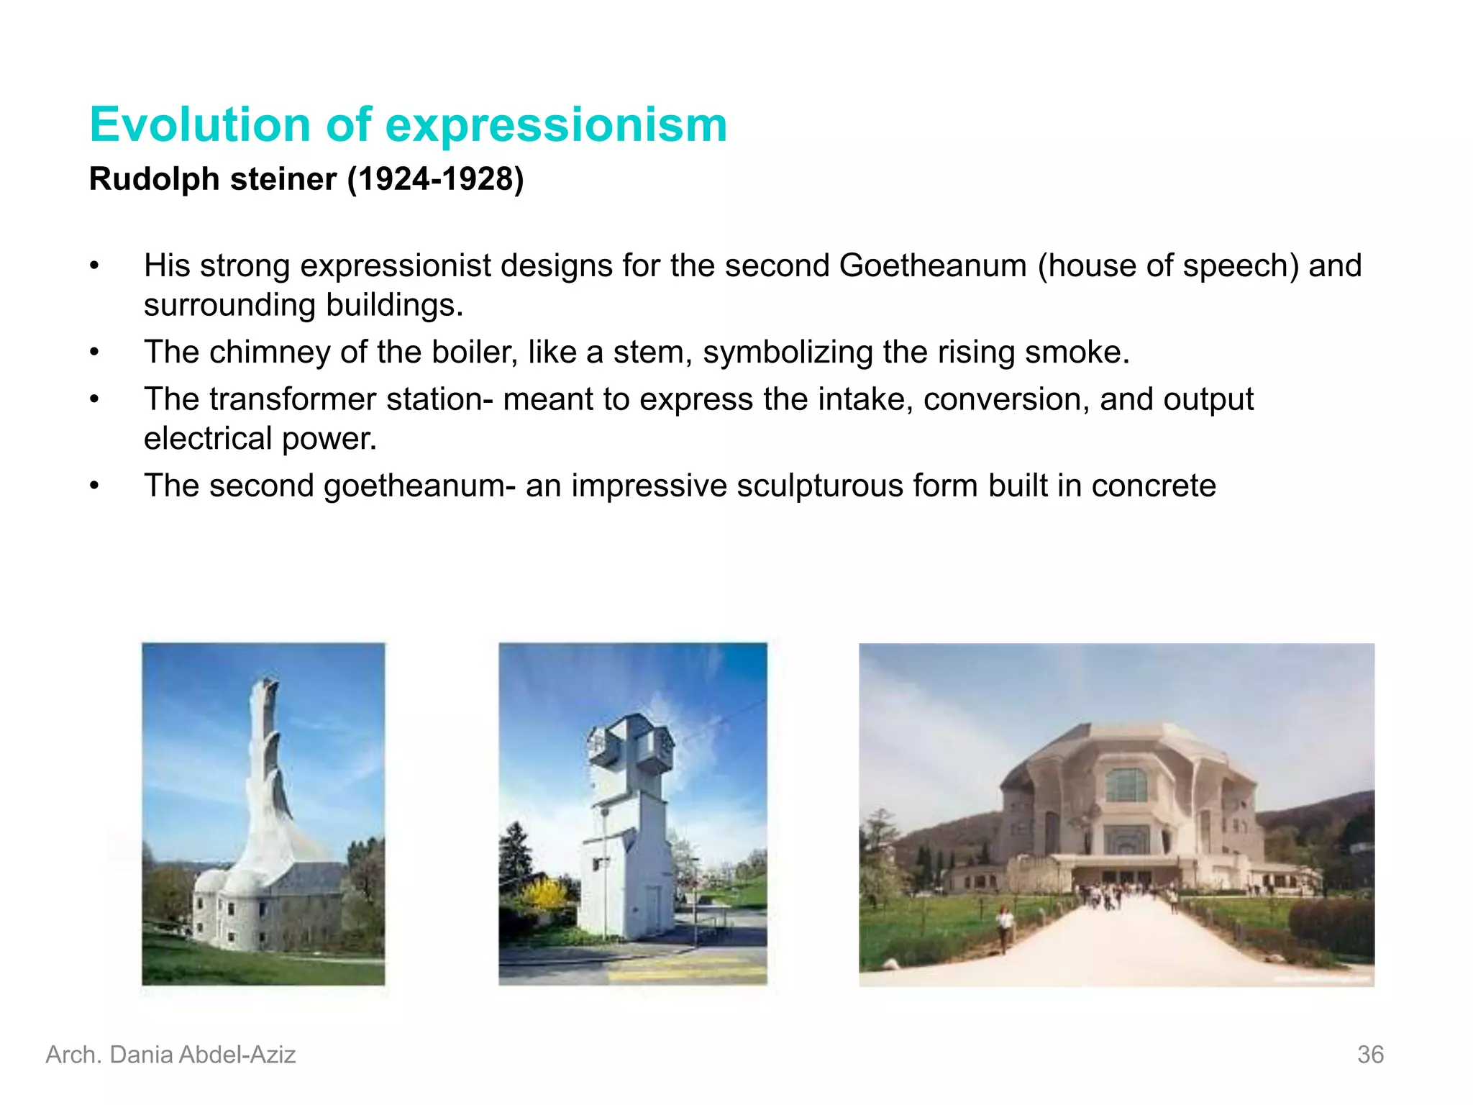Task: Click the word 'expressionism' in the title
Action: pos(556,125)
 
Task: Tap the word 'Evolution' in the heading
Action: pos(200,125)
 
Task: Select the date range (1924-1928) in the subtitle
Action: pos(436,179)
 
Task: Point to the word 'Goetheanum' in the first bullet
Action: pos(933,265)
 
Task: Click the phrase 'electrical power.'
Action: pos(260,438)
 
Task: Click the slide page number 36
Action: pos(1370,1055)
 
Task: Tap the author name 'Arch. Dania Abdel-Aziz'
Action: pos(170,1055)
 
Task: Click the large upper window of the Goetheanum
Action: pos(1126,785)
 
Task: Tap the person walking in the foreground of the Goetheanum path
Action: pos(1003,928)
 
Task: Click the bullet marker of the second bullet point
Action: pos(94,352)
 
